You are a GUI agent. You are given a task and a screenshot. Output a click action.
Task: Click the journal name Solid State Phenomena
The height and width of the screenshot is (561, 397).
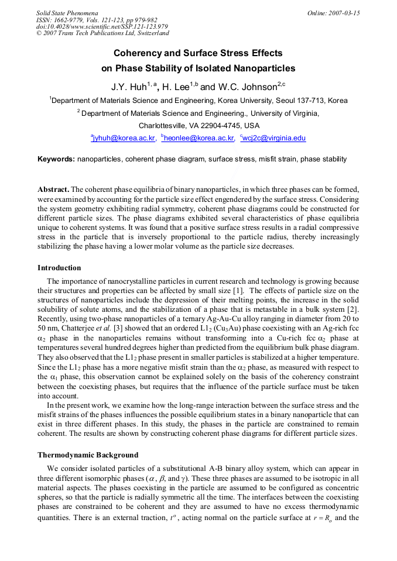point(67,12)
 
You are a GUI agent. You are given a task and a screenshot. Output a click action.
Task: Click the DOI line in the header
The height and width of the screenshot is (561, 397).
point(102,26)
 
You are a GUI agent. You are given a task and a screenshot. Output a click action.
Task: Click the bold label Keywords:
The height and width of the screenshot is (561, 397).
point(56,159)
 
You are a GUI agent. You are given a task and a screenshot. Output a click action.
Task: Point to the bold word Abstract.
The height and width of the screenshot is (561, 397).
point(53,190)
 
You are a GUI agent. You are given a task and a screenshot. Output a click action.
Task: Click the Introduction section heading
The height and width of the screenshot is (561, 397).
point(59,268)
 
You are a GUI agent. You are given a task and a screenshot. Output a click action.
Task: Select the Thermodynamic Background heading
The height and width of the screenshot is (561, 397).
point(88,455)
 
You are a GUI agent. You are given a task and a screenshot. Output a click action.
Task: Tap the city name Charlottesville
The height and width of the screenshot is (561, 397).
point(163,126)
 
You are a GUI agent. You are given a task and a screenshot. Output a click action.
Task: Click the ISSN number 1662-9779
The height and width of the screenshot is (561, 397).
point(68,19)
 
